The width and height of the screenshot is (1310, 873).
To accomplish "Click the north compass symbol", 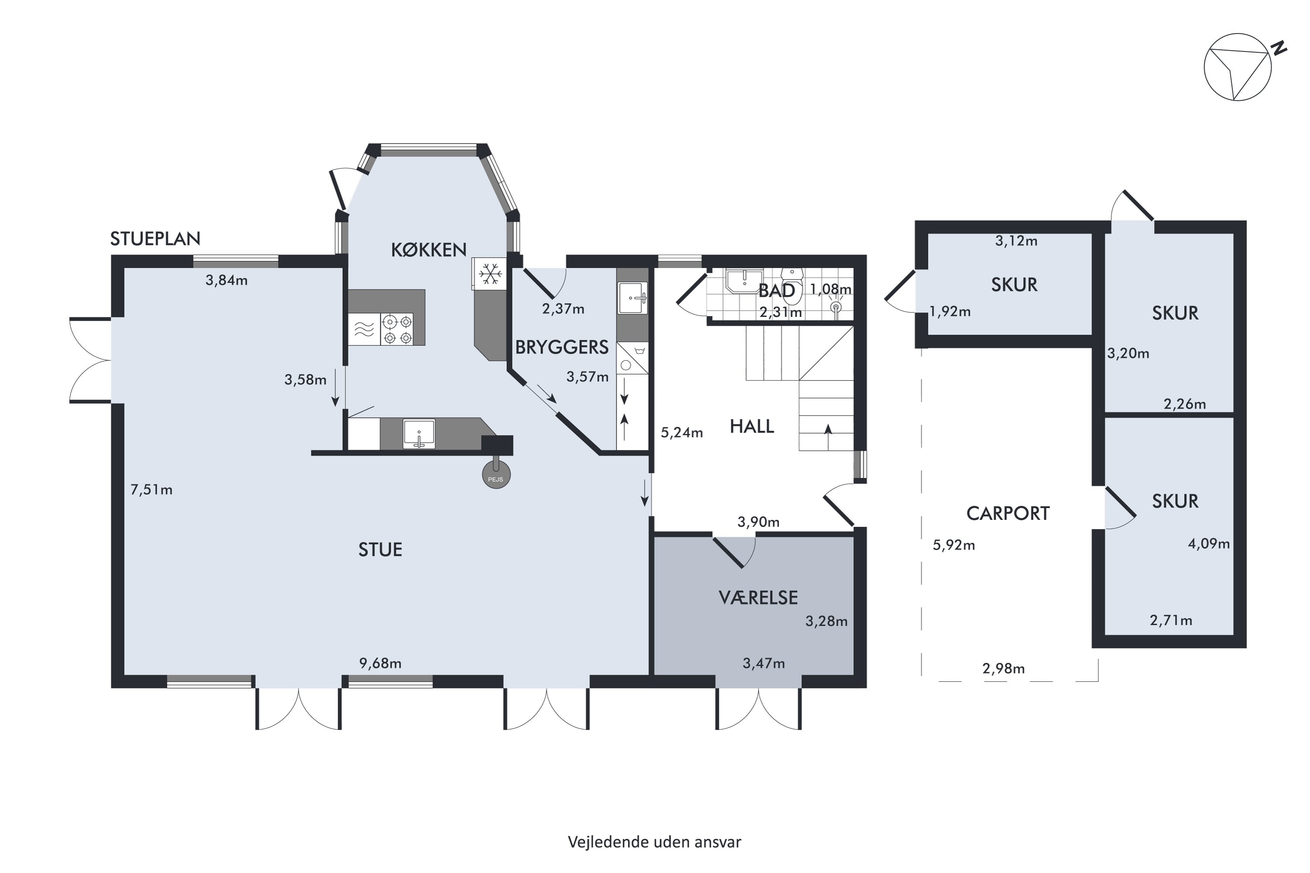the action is (x=1237, y=67).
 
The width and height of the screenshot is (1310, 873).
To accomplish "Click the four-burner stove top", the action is (x=397, y=329).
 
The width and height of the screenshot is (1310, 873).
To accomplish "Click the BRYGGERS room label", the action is (x=562, y=347).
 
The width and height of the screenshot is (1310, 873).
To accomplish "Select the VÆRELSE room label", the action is (x=758, y=598).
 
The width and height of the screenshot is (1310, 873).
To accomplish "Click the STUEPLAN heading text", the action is (x=155, y=238).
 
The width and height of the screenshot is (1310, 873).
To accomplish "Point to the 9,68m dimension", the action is (x=380, y=663).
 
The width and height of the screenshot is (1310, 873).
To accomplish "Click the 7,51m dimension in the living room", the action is (x=151, y=489).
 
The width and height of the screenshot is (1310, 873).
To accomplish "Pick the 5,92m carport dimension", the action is (x=954, y=545).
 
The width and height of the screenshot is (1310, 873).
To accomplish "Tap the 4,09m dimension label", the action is (x=1209, y=543).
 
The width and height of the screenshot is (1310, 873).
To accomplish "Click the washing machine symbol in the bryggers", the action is (x=632, y=358).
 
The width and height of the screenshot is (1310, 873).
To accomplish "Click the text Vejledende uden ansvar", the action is (x=655, y=842).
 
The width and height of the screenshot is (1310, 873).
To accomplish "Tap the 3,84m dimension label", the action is (x=226, y=280).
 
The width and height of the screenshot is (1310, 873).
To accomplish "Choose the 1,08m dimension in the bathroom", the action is (x=831, y=289).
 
